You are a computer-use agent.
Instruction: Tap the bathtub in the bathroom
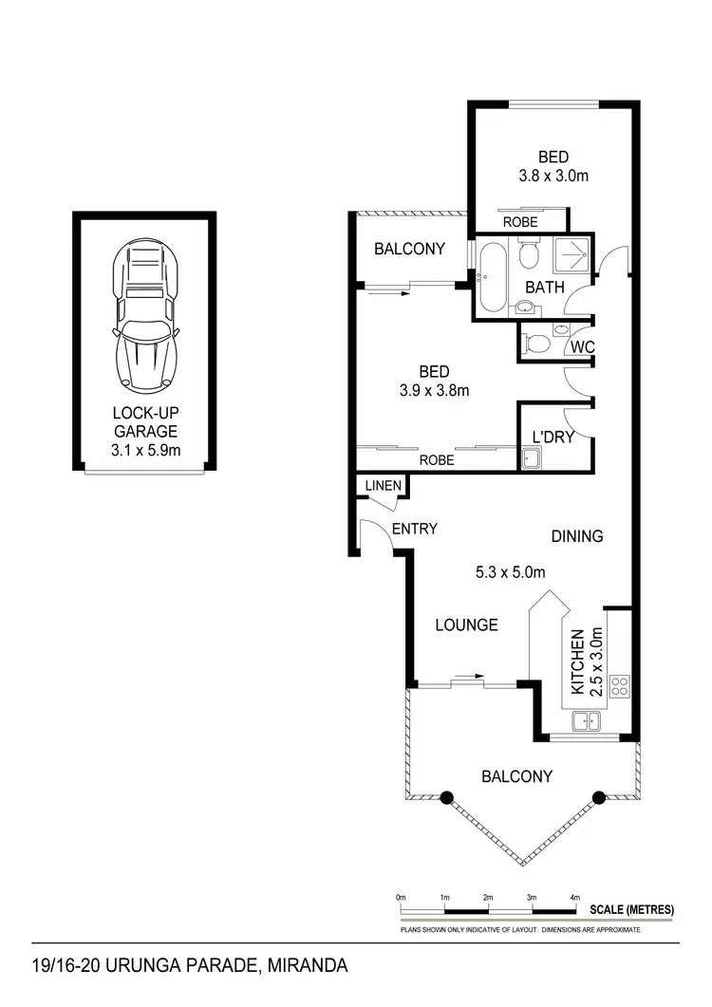[x=493, y=278]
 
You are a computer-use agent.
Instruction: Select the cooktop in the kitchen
[x=619, y=685]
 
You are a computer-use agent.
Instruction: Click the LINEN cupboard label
[x=382, y=487]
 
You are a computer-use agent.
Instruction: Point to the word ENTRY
[x=414, y=529]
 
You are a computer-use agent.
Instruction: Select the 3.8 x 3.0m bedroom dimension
[x=554, y=176]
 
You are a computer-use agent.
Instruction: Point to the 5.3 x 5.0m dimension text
[x=510, y=572]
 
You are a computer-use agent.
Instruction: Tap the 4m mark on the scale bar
[x=575, y=897]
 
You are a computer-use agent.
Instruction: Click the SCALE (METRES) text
[x=631, y=909]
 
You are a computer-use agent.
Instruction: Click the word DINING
[x=577, y=536]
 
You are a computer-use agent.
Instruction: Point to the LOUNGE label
[x=466, y=625]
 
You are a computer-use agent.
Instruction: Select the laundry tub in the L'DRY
[x=530, y=459]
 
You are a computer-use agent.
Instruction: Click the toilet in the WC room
[x=536, y=343]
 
